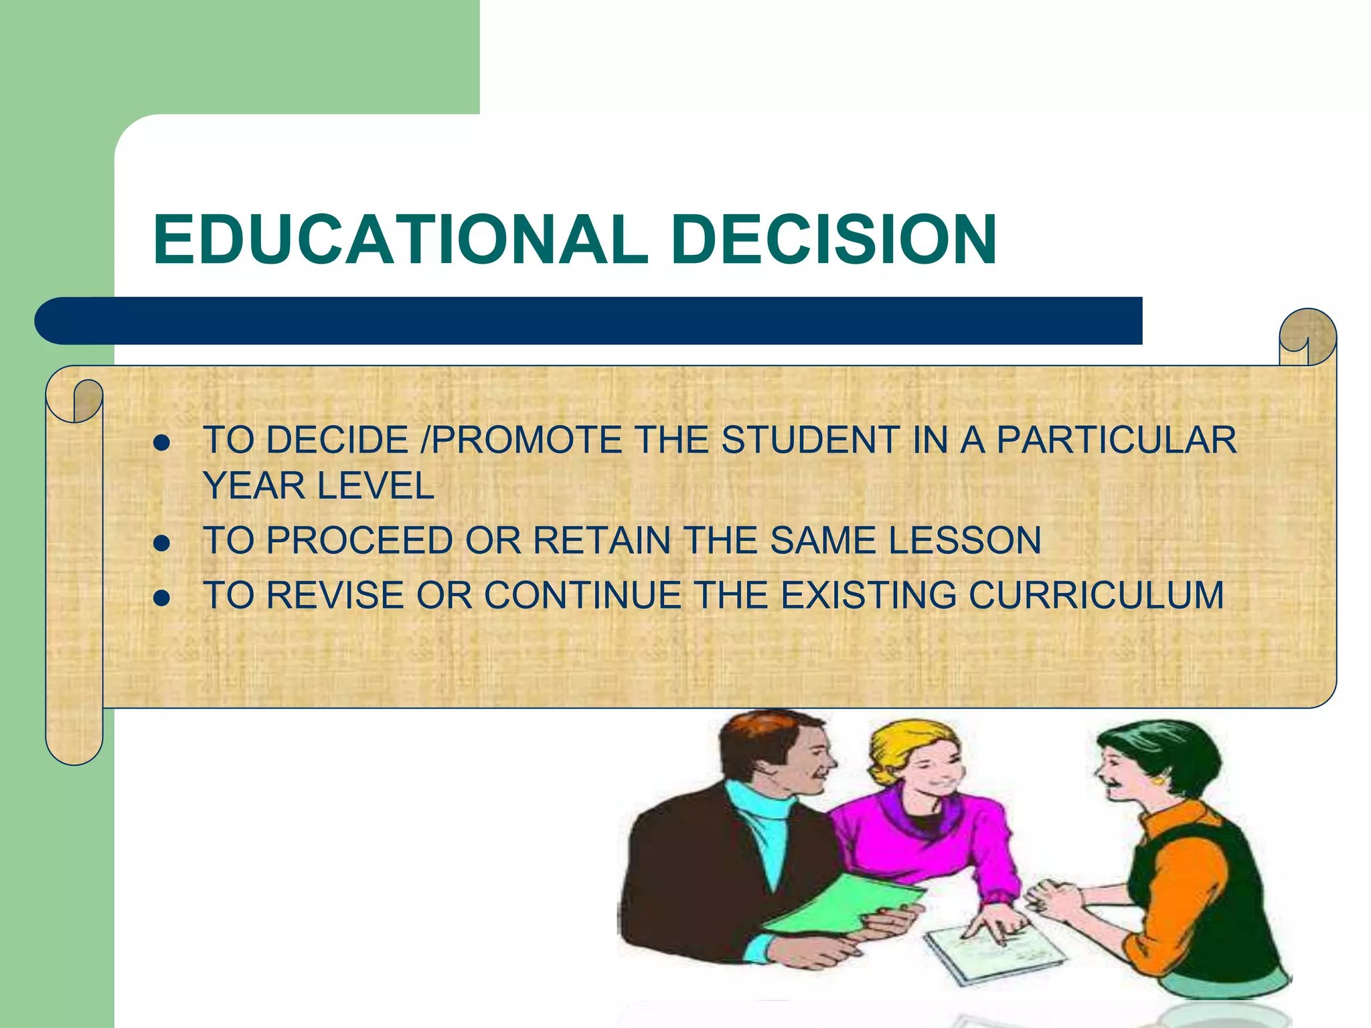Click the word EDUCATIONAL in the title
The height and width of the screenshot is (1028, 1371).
(x=400, y=240)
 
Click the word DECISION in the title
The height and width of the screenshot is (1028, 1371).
(x=833, y=240)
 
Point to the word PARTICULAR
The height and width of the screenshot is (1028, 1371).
(x=1116, y=440)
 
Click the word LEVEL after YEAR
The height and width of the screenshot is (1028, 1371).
(x=376, y=486)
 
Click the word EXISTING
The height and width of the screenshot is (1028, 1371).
(x=868, y=595)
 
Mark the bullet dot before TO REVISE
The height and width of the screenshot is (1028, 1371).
(x=161, y=598)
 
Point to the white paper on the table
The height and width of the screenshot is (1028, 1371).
(x=991, y=950)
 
